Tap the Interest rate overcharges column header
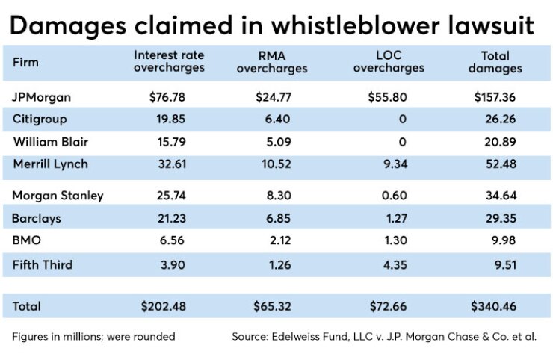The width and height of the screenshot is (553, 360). coord(169,62)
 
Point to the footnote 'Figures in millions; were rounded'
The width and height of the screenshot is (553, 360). coord(94,336)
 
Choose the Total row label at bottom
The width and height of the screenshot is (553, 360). coord(27,306)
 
